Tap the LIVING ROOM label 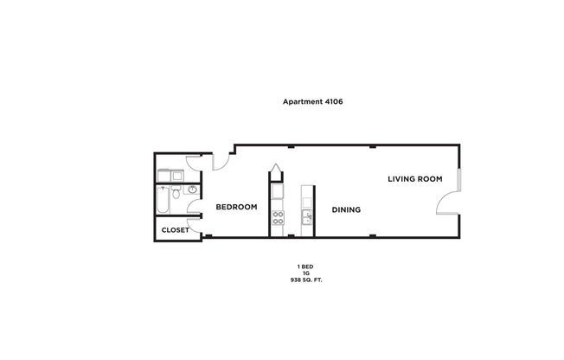point(414,179)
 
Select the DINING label point(345,209)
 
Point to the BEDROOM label point(236,207)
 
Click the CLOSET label point(176,230)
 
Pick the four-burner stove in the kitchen point(279,217)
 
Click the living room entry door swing point(448,203)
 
